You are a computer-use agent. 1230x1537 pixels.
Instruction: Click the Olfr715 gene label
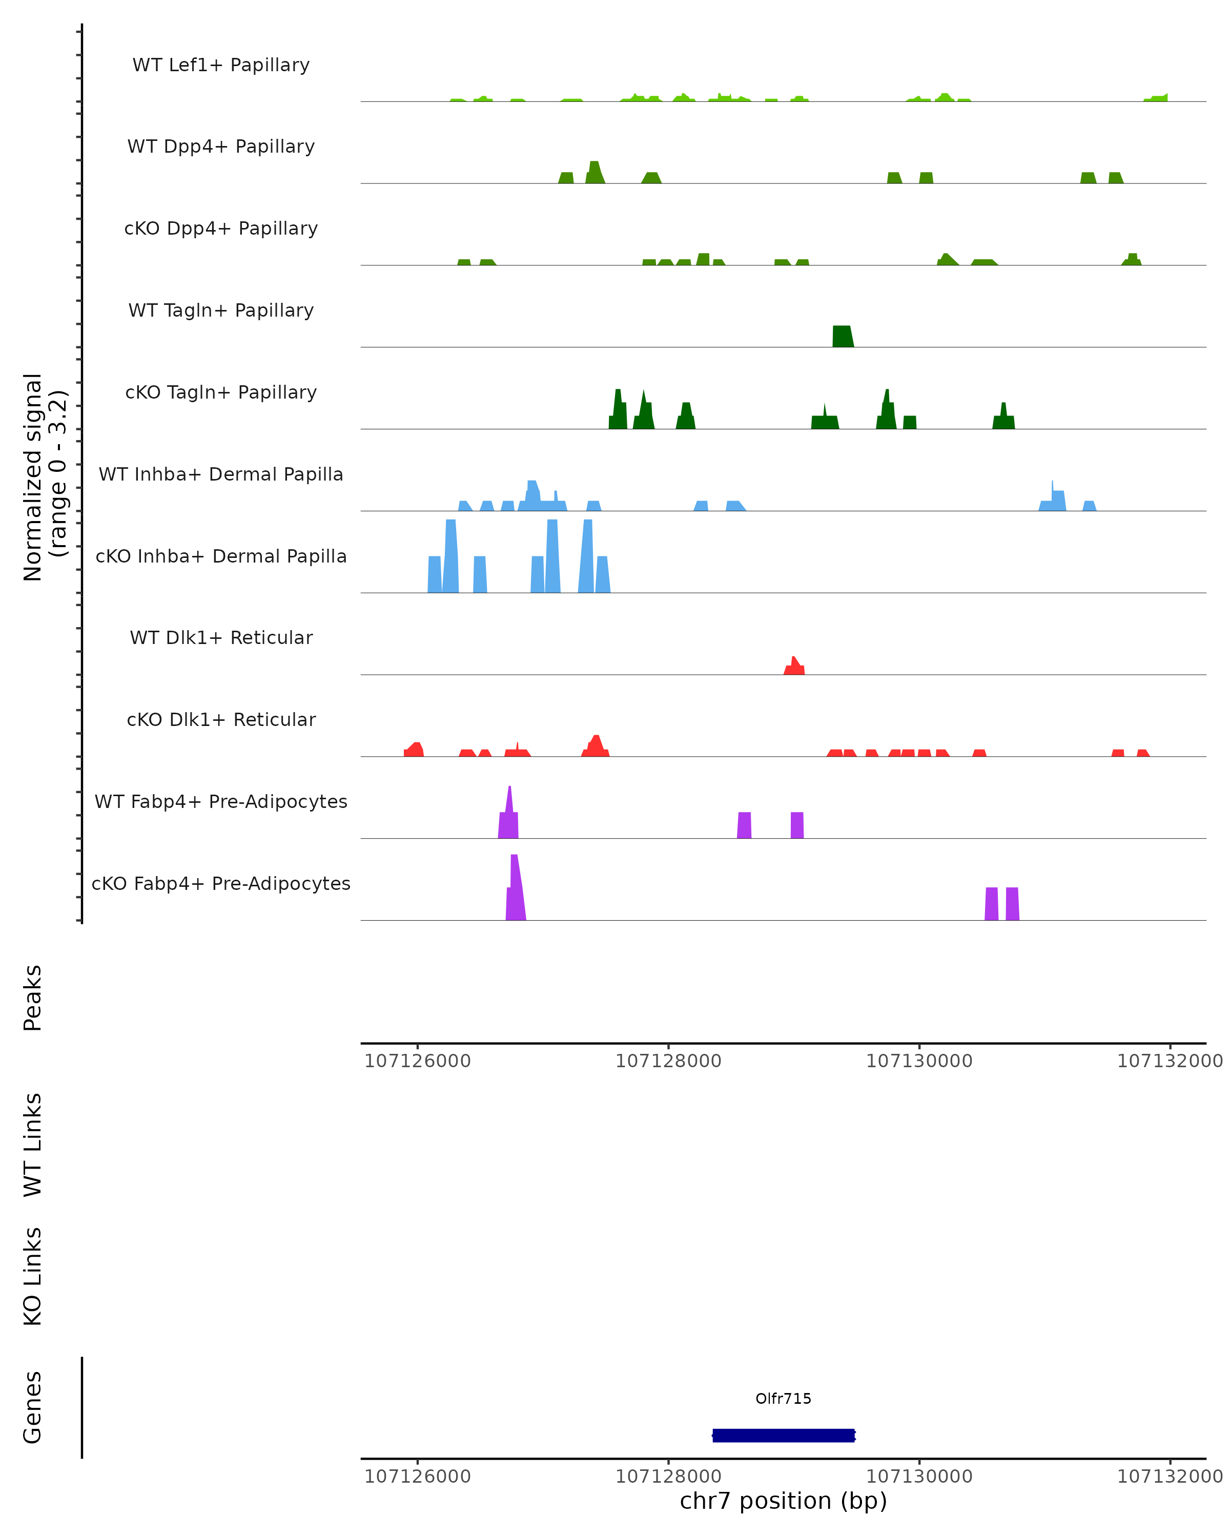pos(783,1398)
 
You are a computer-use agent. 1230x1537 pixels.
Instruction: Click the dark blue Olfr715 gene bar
pos(783,1435)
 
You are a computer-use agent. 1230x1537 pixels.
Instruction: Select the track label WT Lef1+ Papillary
pos(221,65)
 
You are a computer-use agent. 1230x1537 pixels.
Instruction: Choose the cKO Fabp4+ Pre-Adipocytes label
pos(221,883)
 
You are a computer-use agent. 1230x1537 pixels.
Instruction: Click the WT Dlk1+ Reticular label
pos(221,637)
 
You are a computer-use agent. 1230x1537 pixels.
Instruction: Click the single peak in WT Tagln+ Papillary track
pos(842,337)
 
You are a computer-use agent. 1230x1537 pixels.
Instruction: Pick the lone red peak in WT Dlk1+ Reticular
pos(794,667)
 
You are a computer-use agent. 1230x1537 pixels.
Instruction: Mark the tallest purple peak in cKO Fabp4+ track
pos(515,887)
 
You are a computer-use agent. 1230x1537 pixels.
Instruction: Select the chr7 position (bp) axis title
pos(783,1500)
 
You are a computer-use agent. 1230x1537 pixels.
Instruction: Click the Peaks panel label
pos(33,998)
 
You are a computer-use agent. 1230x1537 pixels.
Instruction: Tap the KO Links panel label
pos(33,1276)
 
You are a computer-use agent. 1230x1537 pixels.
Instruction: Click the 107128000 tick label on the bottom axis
pos(668,1476)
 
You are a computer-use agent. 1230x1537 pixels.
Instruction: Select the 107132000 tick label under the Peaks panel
pos(1170,1061)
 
